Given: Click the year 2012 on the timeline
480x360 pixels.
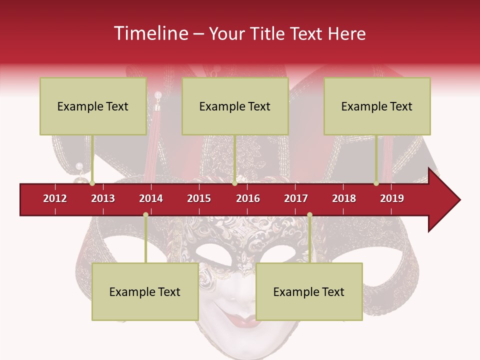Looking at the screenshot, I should [55, 198].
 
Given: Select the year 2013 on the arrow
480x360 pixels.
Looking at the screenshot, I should [103, 198].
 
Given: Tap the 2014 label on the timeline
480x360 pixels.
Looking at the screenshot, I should [151, 198].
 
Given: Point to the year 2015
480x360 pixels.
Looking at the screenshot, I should [199, 198].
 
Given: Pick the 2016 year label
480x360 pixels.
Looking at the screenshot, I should [248, 198].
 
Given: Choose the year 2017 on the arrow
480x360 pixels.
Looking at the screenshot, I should [296, 198].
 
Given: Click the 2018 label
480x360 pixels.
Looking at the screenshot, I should [344, 198].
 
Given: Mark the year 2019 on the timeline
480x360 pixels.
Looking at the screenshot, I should [392, 198].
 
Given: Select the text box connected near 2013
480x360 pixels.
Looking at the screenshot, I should [93, 106].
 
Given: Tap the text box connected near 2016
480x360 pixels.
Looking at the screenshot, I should [235, 106].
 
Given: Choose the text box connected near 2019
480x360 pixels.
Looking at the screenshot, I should [377, 106].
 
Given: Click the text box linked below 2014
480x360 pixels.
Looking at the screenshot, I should [145, 291].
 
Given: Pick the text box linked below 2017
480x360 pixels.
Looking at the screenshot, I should [309, 291].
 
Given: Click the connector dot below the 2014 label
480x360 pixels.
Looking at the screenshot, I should [145, 215].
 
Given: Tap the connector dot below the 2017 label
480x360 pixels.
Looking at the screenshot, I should [309, 215].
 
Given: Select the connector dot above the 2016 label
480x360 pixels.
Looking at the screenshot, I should [235, 183].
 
